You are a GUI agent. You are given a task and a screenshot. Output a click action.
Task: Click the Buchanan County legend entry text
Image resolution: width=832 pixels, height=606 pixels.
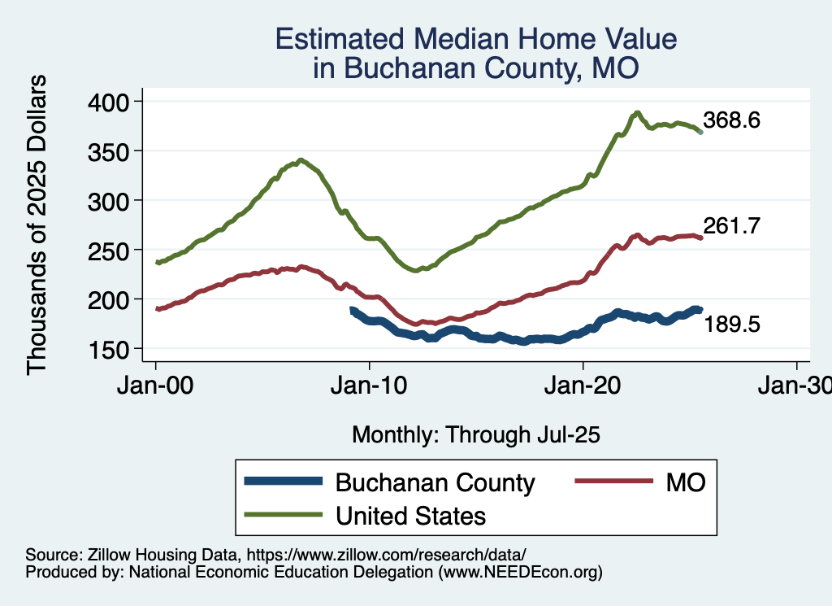[x=435, y=482]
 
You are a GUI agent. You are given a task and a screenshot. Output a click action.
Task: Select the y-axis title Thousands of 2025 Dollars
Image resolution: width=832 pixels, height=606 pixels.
[x=37, y=225]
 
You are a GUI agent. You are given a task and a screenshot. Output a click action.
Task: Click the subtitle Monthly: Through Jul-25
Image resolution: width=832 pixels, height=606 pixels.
[x=475, y=435]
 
